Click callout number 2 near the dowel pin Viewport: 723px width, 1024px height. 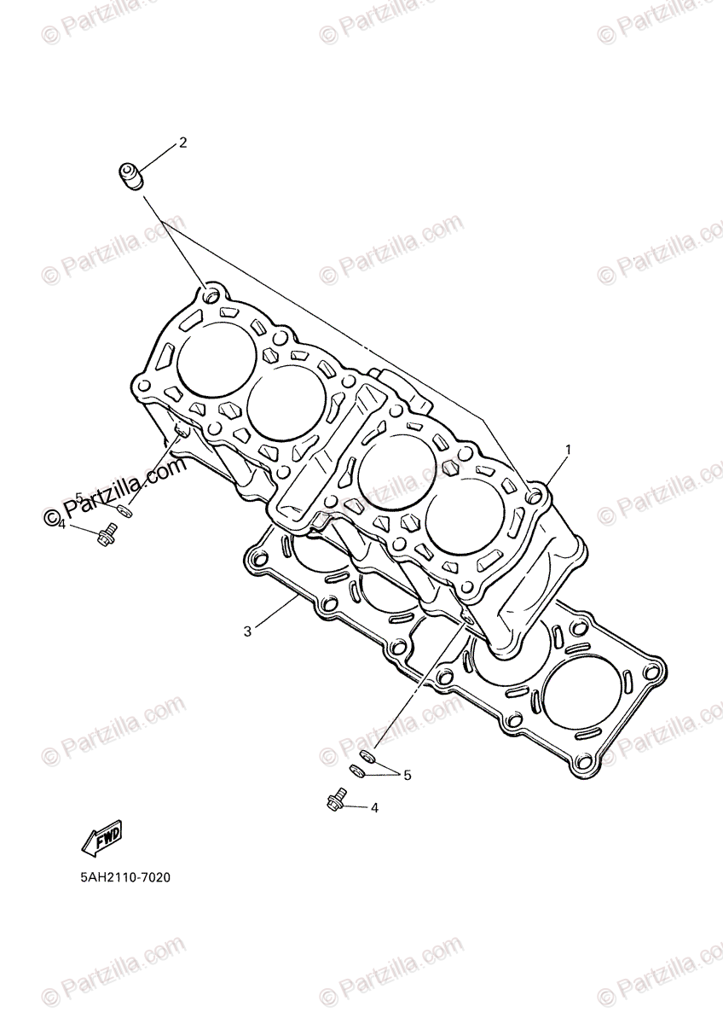(x=182, y=143)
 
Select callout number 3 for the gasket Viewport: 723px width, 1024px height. (x=247, y=631)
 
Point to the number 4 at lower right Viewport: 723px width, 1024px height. (x=374, y=806)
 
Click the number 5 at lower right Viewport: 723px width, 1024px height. (x=408, y=775)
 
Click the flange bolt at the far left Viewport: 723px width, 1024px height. (x=106, y=536)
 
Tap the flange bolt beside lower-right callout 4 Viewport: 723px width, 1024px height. (x=335, y=800)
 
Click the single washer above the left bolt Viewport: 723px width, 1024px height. (x=124, y=511)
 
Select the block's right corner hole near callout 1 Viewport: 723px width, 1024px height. (x=534, y=495)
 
